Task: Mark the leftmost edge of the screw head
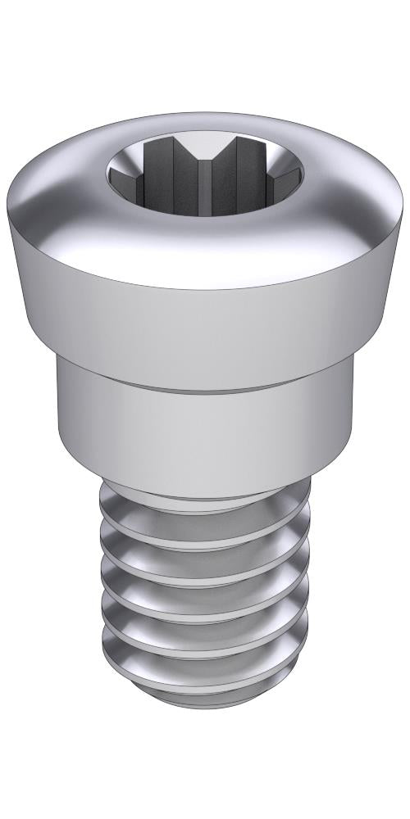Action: click(9, 205)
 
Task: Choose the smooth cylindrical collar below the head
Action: click(205, 434)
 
